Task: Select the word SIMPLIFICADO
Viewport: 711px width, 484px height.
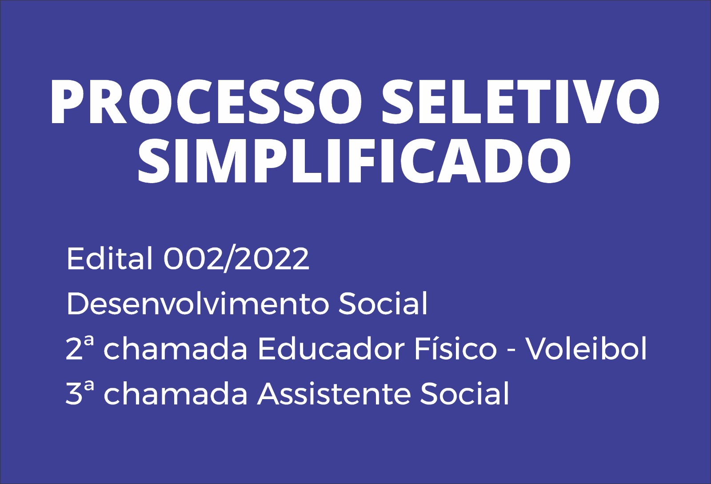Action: coord(354,161)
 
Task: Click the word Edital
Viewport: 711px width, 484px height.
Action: coord(109,259)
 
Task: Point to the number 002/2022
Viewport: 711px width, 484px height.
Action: coord(236,259)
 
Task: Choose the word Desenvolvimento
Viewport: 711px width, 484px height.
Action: coord(197,304)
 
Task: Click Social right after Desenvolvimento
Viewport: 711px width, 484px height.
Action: coord(383,304)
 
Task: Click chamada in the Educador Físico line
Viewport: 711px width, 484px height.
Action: coord(175,348)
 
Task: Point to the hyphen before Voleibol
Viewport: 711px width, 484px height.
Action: coord(511,351)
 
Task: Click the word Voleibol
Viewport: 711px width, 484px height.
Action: coord(586,348)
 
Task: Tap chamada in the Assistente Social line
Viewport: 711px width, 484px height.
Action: coord(175,393)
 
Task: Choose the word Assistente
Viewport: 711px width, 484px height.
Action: coord(333,393)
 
